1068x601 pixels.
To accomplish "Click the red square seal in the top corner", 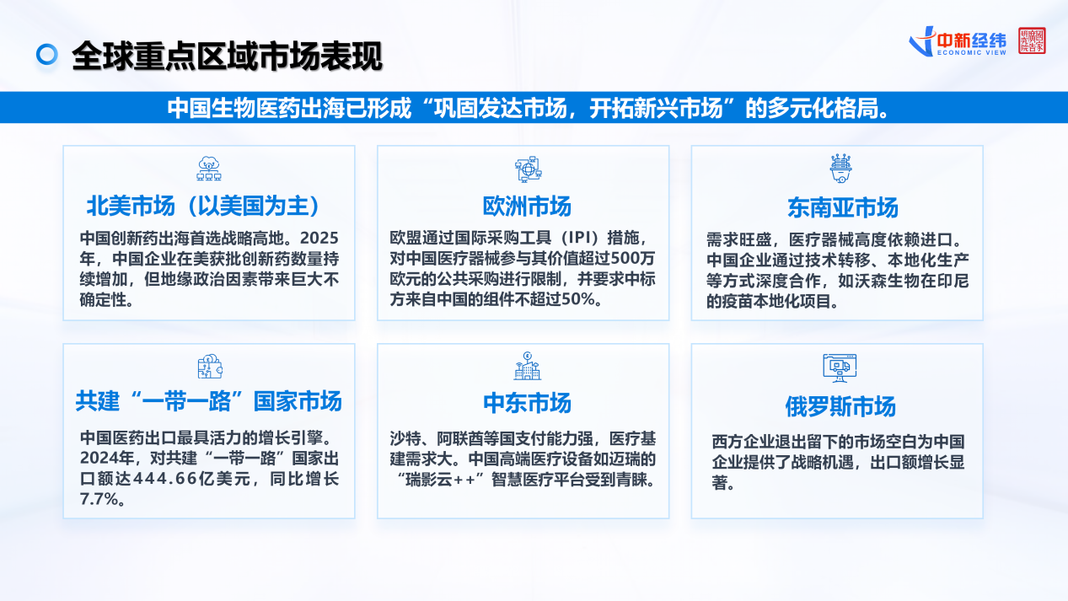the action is tap(1032, 40).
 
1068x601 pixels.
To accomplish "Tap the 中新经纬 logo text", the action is tap(971, 40).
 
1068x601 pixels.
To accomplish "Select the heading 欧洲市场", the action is tap(527, 207).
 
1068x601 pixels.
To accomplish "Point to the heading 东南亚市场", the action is tap(842, 208).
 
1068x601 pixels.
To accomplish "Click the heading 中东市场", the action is tap(527, 403).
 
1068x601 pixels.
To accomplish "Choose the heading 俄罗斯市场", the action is tap(840, 406).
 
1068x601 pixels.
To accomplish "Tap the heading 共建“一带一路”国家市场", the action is tap(208, 401).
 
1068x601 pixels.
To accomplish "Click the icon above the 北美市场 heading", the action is tap(209, 169).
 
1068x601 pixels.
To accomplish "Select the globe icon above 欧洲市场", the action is tap(528, 169).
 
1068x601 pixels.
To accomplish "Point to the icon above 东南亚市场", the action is tap(840, 169).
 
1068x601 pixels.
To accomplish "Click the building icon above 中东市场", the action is tap(527, 366).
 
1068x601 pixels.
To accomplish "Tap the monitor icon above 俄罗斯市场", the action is tap(840, 368).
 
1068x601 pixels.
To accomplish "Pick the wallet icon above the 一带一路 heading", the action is tap(210, 367).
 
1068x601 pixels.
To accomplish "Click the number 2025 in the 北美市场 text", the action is tap(319, 238).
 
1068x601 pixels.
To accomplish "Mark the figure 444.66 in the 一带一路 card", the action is tap(165, 479).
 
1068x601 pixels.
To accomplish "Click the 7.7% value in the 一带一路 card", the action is tap(99, 499).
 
